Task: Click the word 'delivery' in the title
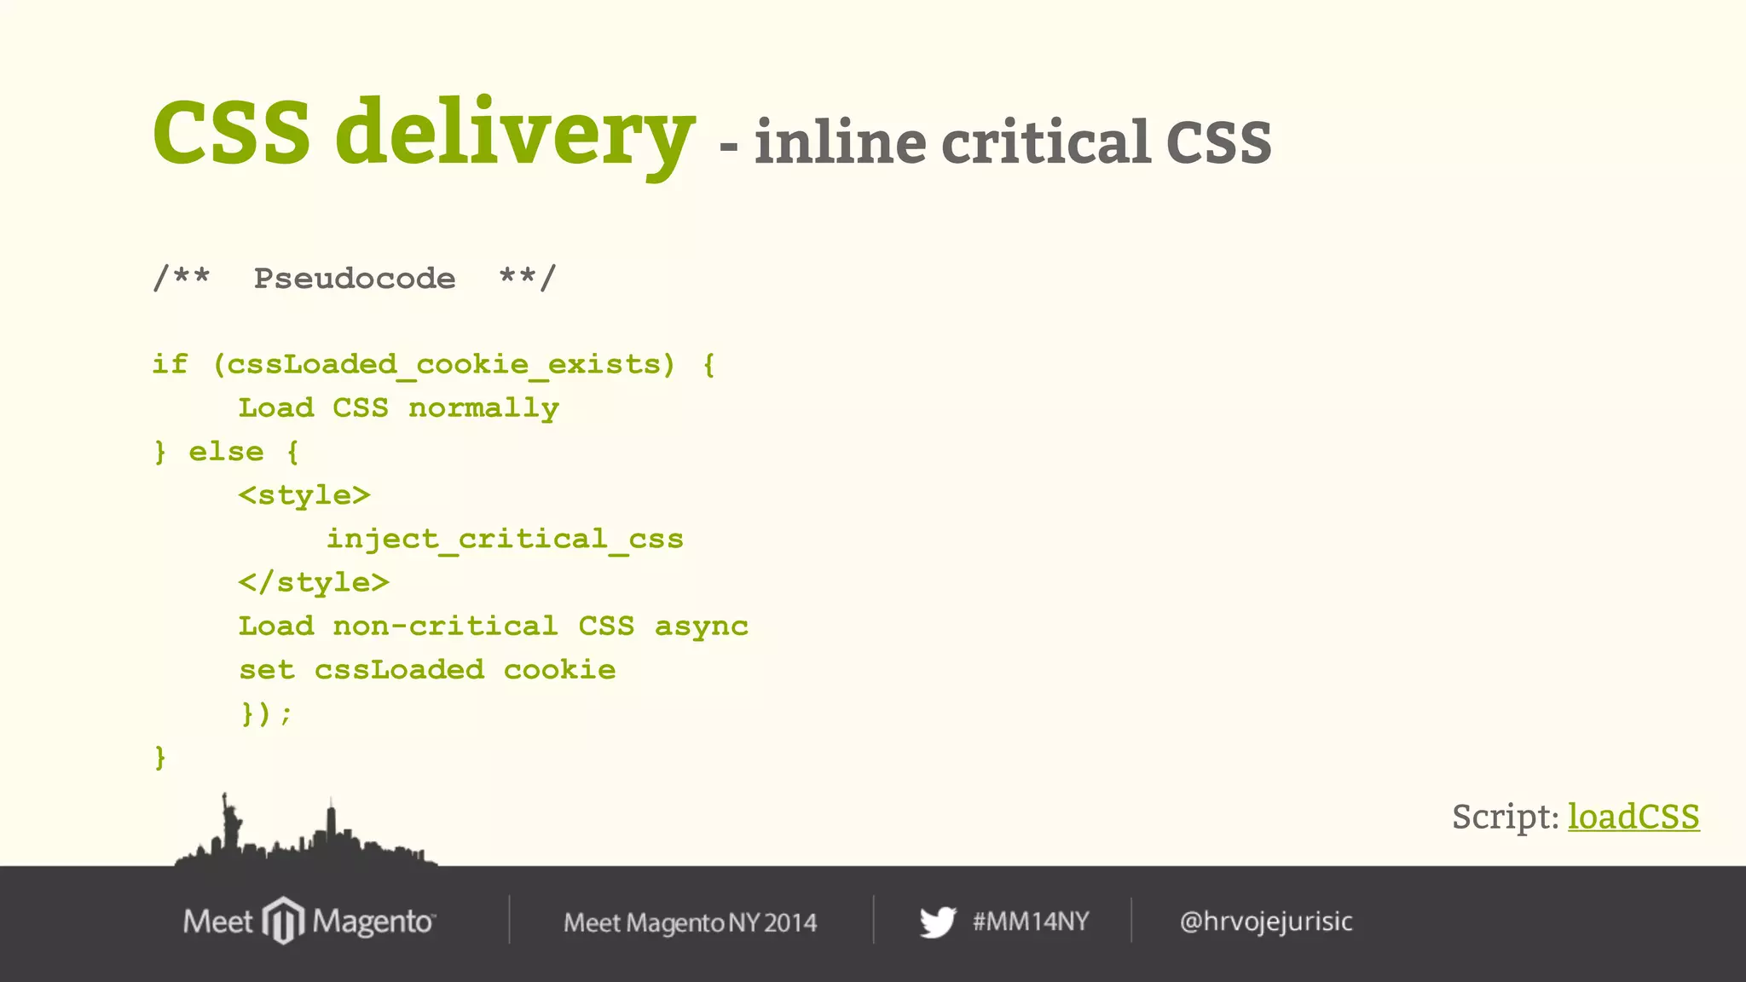(515, 133)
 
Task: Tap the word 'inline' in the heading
(840, 142)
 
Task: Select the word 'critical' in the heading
(1046, 142)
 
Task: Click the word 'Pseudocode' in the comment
(355, 279)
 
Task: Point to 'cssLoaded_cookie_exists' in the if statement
(444, 365)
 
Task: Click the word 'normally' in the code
(483, 408)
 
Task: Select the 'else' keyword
(226, 452)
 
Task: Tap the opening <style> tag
(304, 495)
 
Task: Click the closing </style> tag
(314, 582)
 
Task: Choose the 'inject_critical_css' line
(505, 539)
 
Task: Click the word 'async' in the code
(701, 627)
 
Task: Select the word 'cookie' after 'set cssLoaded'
(559, 670)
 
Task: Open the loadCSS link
(1633, 817)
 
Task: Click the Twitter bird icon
(938, 922)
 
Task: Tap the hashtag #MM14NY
(1031, 921)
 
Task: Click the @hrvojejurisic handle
(1266, 921)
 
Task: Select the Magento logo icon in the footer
(283, 921)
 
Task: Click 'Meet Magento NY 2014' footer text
(690, 922)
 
